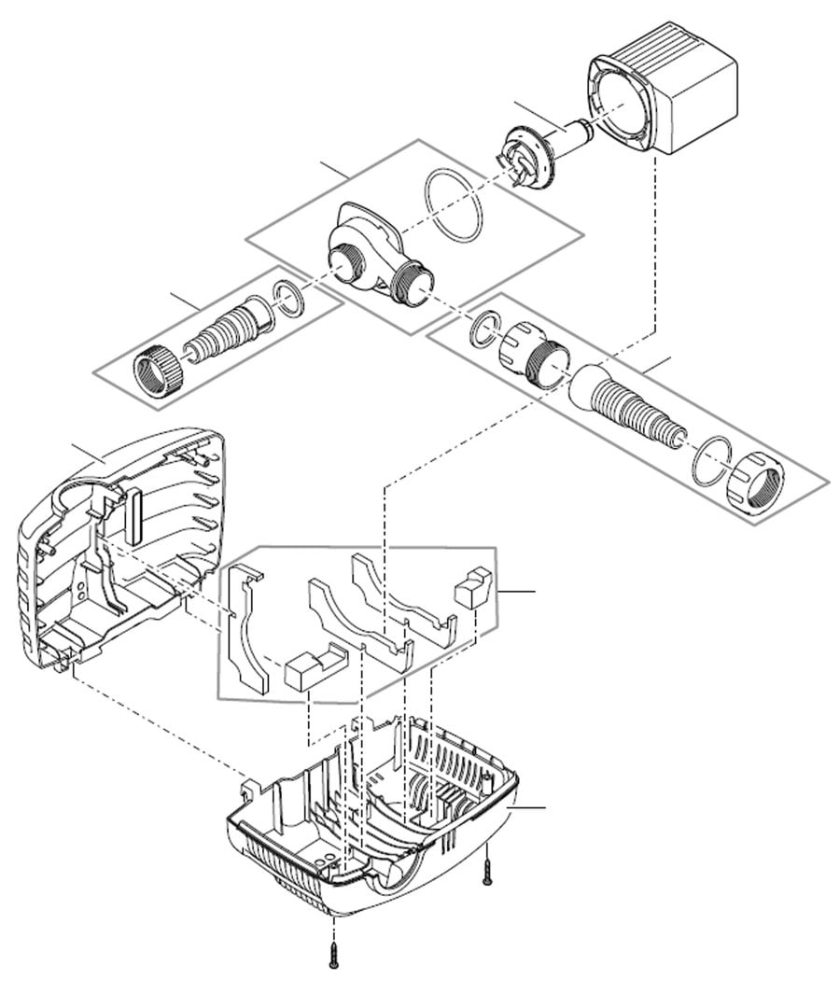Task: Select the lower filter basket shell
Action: [x=373, y=821]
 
